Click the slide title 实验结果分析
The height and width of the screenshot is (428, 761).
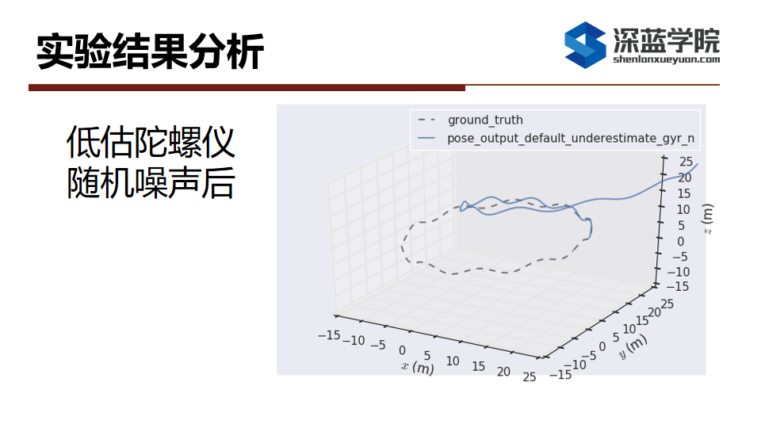click(150, 51)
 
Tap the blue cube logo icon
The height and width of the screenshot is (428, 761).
click(585, 44)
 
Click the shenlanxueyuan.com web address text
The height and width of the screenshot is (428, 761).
click(667, 59)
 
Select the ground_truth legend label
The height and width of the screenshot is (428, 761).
click(485, 120)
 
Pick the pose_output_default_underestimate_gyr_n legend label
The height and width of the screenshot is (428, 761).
click(571, 138)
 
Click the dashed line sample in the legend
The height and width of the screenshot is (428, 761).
click(426, 120)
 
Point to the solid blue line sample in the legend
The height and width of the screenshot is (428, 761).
click(426, 138)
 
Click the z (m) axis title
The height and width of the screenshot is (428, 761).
click(708, 219)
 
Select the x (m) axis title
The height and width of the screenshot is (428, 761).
click(418, 367)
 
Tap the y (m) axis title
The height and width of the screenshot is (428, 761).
click(633, 346)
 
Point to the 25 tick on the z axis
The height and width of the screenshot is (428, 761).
click(686, 162)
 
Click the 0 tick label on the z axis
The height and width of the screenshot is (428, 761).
click(680, 241)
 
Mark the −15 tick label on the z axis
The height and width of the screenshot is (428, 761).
click(678, 286)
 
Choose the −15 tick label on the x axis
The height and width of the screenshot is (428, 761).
click(329, 334)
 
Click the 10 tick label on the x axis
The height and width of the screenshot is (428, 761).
click(453, 361)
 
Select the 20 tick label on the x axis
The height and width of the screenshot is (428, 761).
click(503, 372)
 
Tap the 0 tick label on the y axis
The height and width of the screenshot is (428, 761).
click(602, 346)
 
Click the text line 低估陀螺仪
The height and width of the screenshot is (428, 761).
click(151, 142)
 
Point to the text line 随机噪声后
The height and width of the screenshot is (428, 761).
click(151, 183)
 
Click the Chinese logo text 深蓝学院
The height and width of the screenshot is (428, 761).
click(667, 40)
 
